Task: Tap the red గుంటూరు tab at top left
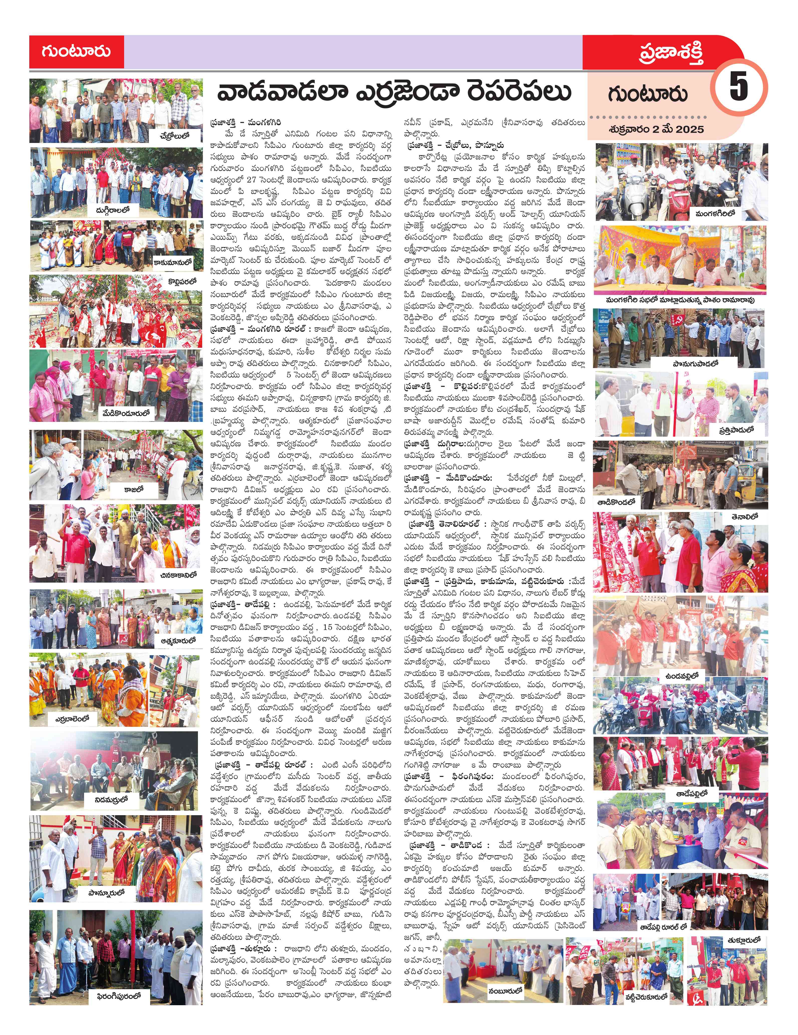(x=76, y=51)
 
